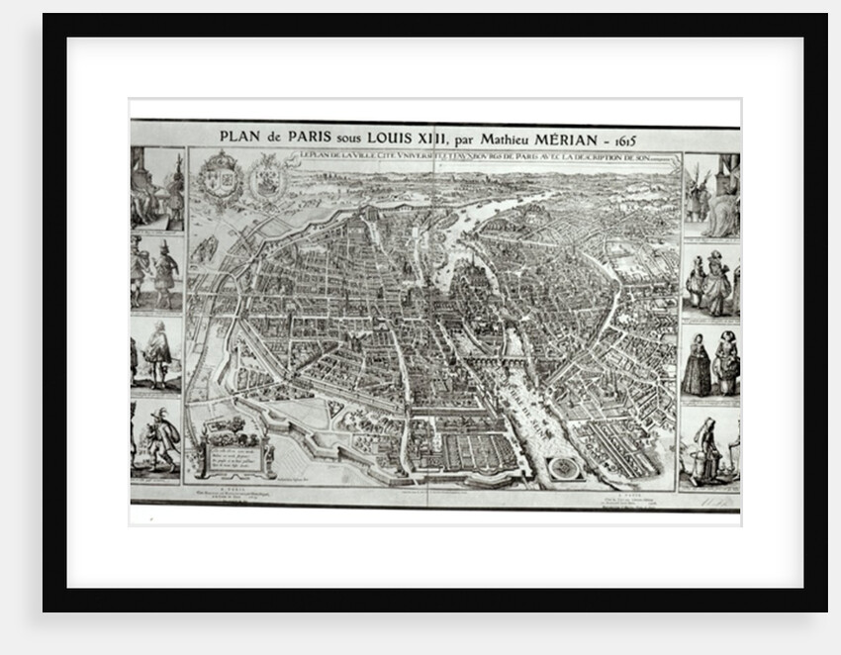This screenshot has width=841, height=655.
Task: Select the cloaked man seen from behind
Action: click(156, 352)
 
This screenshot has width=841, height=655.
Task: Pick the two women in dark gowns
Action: click(710, 363)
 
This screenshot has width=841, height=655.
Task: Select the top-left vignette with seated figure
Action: click(156, 188)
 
